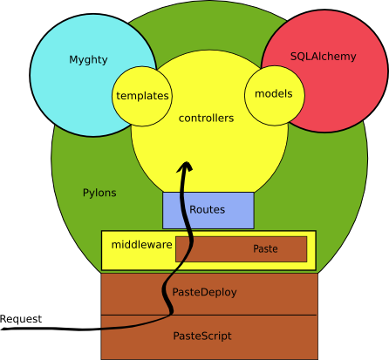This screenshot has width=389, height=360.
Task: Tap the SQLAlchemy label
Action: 324,57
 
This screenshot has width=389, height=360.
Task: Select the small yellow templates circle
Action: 142,96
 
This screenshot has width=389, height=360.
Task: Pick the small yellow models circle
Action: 275,96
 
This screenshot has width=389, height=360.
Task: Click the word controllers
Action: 206,118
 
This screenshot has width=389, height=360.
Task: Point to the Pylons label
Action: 99,193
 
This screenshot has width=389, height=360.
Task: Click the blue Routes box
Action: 208,210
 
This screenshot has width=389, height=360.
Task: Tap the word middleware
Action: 141,245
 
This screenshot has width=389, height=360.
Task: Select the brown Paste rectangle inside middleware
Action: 242,249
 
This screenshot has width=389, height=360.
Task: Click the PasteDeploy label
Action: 204,292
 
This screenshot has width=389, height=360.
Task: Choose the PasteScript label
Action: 202,336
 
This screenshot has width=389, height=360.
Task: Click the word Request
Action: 21,319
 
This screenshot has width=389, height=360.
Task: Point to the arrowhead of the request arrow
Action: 185,166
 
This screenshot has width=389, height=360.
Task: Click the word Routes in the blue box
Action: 208,209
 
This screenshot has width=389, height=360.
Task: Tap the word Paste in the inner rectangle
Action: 265,248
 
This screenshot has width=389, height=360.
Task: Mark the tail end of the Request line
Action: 2,329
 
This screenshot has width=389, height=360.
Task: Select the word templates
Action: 142,96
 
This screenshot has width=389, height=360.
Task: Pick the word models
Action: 274,93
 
